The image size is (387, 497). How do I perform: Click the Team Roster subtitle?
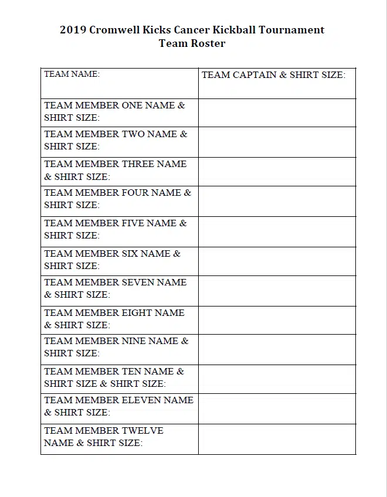click(192, 43)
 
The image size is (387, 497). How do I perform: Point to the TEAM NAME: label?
click(72, 74)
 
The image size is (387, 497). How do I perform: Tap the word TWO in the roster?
click(133, 134)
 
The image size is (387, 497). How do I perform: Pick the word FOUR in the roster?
click(136, 193)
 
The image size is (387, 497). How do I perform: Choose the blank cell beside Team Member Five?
click(277, 232)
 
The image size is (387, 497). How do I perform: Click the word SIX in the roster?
click(130, 254)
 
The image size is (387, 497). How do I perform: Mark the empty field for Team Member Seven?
click(277, 291)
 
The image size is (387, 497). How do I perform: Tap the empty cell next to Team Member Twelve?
click(277, 439)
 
